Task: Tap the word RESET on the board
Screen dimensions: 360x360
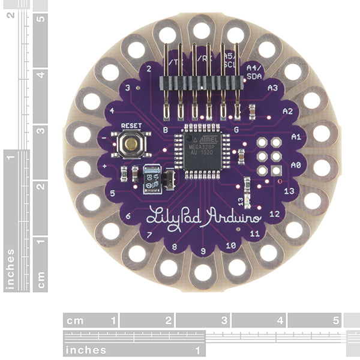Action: [x=130, y=125]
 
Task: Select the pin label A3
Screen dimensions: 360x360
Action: [x=272, y=88]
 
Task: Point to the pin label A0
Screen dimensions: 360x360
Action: [x=295, y=164]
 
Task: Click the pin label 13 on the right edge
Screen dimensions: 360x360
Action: [x=289, y=191]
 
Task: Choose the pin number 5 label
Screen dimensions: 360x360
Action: [x=113, y=193]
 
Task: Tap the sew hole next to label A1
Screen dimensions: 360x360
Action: [x=321, y=133]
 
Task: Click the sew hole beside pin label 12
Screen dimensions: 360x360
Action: [x=294, y=229]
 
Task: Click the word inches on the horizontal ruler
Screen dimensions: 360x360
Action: [x=86, y=349]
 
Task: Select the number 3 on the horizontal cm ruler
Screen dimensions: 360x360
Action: [x=223, y=320]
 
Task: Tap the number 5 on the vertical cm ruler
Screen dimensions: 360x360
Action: [x=40, y=19]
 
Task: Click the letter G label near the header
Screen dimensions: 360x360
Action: [x=236, y=129]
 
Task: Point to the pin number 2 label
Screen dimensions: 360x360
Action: [x=148, y=68]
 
